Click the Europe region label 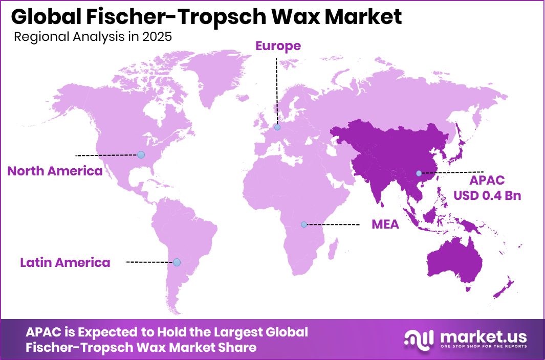(x=278, y=46)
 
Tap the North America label (x=55, y=171)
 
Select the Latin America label (x=65, y=262)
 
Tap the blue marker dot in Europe (x=277, y=127)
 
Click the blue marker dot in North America (x=141, y=154)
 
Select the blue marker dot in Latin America (x=177, y=262)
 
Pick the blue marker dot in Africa (x=304, y=224)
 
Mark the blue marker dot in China (x=419, y=173)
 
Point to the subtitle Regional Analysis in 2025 (x=93, y=37)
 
